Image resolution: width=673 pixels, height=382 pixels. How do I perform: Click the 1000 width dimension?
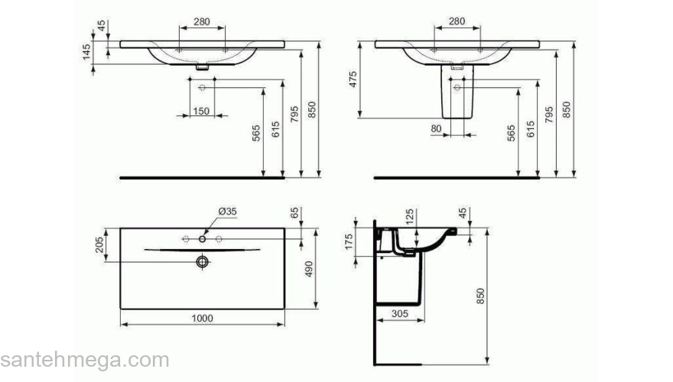[202, 318]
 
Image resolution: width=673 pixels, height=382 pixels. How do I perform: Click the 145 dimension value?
[87, 52]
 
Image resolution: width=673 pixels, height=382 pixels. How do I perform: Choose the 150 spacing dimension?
[200, 112]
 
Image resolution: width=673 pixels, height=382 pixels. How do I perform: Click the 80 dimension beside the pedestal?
[436, 129]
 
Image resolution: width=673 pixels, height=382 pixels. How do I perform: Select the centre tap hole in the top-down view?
[203, 239]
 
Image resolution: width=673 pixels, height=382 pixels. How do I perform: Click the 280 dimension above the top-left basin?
[201, 21]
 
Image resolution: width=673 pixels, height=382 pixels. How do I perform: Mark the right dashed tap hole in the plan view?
[219, 239]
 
